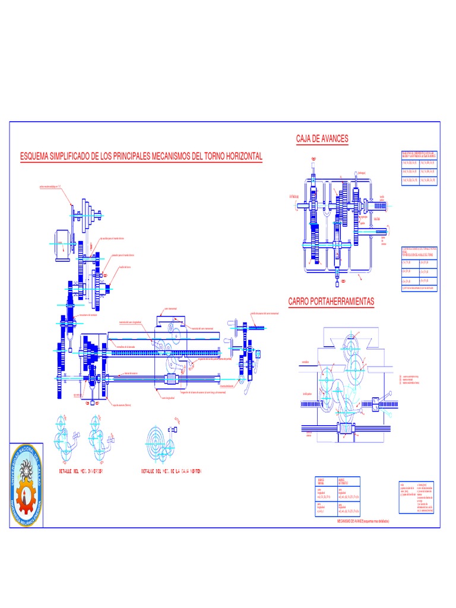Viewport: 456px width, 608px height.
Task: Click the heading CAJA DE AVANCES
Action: click(322, 139)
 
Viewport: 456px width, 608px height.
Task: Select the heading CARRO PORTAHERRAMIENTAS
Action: click(331, 302)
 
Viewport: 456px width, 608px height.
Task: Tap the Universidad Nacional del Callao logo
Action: click(24, 480)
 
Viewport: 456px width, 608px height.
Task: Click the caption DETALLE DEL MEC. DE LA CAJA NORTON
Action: click(171, 471)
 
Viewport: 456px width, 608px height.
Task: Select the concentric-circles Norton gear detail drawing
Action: click(158, 442)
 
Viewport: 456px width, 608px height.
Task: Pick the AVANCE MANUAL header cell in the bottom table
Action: click(325, 482)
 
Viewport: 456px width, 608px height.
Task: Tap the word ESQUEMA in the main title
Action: click(37, 156)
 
